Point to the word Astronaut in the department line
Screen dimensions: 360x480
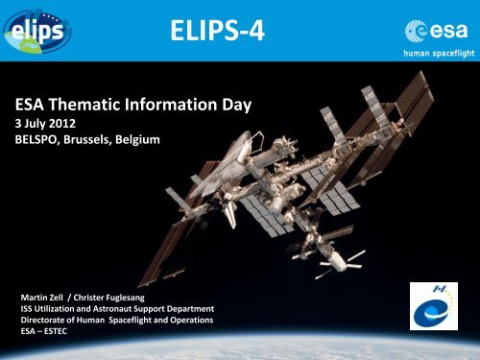tap(115, 308)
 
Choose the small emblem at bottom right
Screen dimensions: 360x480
tap(431, 303)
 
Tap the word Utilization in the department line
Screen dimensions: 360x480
tap(56, 308)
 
